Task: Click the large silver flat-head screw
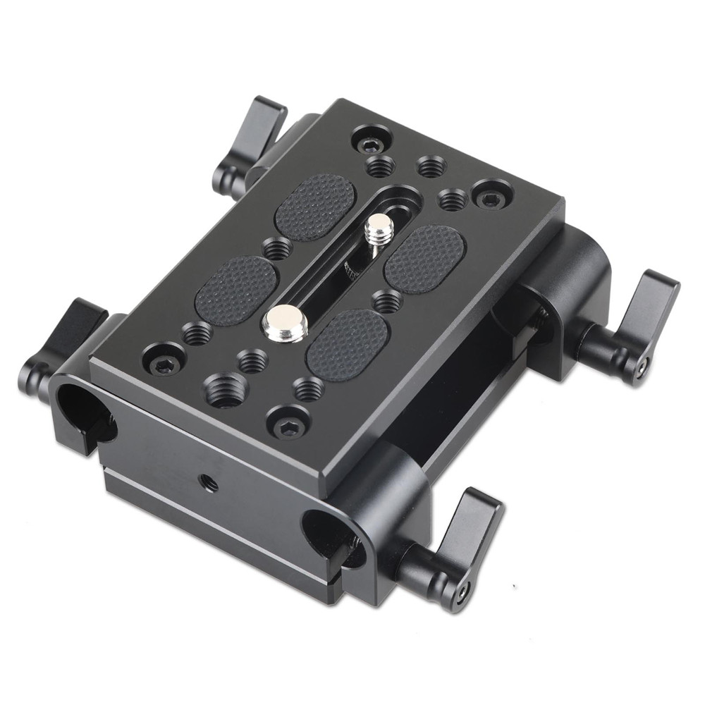pyautogui.click(x=283, y=323)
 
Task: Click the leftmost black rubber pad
pyautogui.click(x=235, y=290)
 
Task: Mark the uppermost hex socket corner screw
pyautogui.click(x=371, y=145)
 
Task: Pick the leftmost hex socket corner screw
pyautogui.click(x=164, y=364)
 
